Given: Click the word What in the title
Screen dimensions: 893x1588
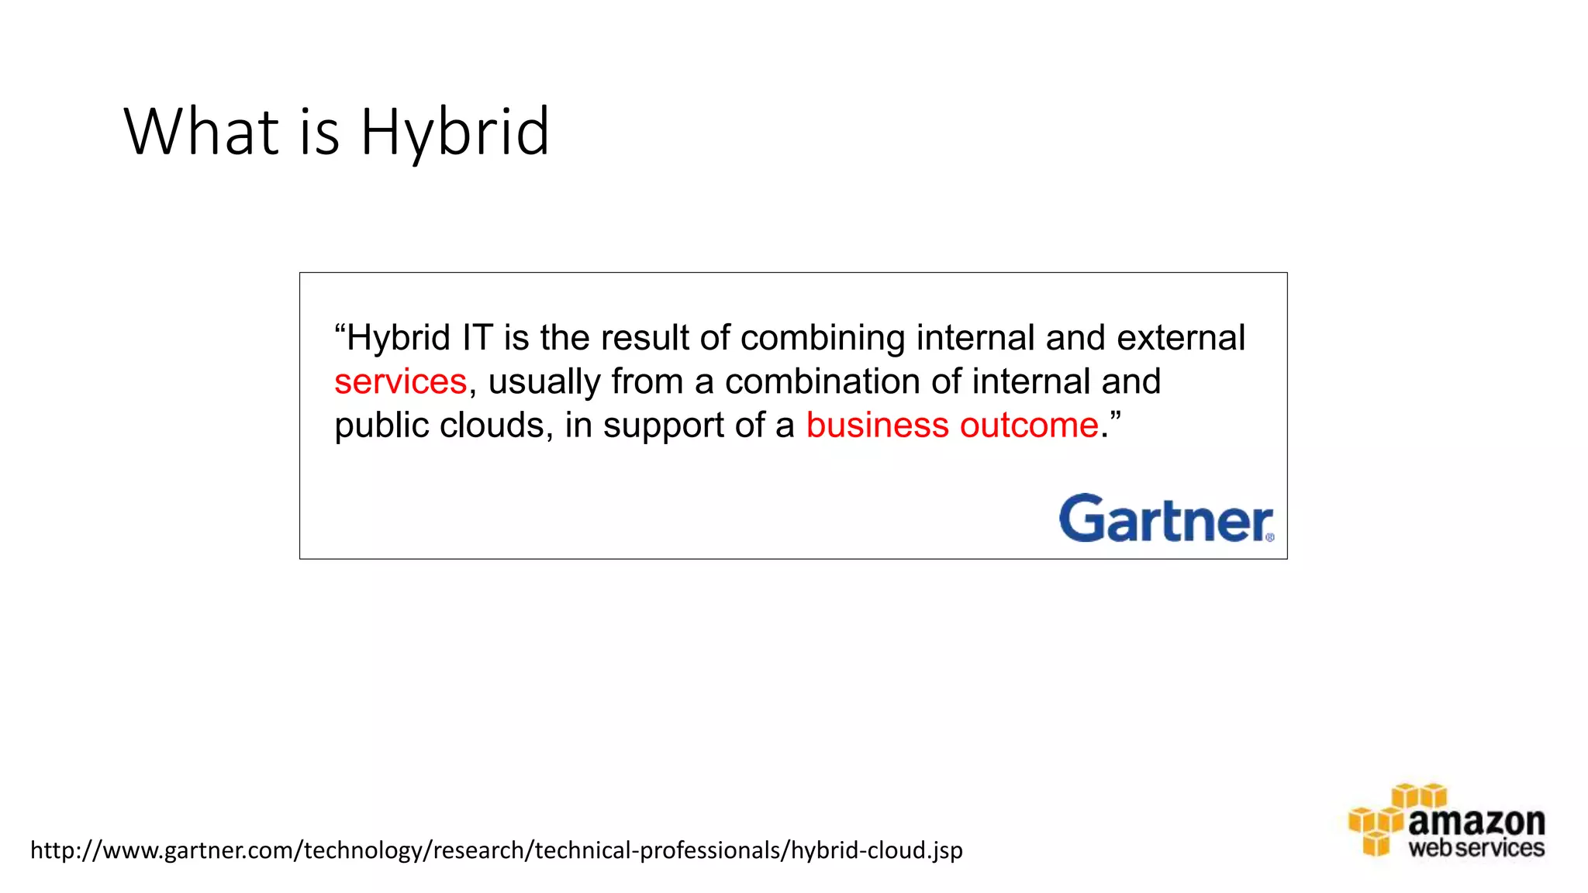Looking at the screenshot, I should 201,131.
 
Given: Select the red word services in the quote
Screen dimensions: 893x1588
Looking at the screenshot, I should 401,381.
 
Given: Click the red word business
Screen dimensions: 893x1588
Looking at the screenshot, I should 877,425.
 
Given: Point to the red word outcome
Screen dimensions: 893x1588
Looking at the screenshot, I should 1029,425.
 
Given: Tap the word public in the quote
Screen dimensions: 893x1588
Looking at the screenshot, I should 381,425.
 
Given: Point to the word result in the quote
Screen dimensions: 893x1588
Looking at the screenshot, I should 644,338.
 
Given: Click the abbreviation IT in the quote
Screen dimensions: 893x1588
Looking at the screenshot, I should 478,338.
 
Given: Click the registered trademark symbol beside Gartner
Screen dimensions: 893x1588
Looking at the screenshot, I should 1269,537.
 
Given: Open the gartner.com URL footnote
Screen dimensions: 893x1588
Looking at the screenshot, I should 496,850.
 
